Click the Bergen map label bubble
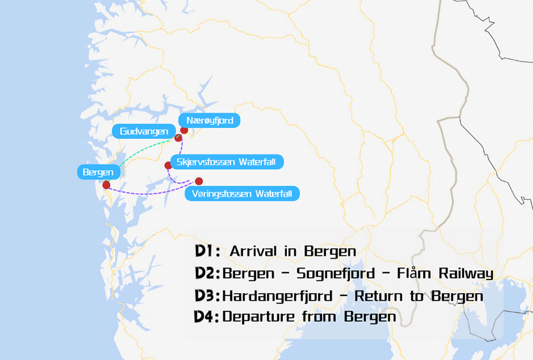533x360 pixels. (x=98, y=172)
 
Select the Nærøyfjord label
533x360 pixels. (x=209, y=121)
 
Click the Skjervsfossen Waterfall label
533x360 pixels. (x=226, y=162)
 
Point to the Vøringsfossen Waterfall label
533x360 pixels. (x=242, y=194)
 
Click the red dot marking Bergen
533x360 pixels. (x=106, y=185)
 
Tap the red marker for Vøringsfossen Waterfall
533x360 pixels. (x=199, y=181)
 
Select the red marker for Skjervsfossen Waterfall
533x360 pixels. (x=168, y=166)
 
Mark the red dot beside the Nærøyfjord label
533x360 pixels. (x=184, y=130)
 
